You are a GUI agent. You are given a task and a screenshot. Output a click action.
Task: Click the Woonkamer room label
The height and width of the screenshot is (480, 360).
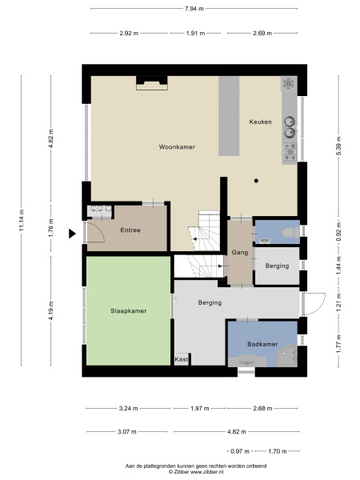[177, 147]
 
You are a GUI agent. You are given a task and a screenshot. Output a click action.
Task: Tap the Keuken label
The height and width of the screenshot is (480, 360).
[260, 122]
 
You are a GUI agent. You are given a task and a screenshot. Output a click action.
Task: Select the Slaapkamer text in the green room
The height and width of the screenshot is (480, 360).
[127, 310]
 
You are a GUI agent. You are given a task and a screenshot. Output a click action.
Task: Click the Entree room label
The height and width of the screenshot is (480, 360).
[130, 230]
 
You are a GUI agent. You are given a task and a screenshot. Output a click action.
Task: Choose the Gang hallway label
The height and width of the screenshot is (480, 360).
[239, 253]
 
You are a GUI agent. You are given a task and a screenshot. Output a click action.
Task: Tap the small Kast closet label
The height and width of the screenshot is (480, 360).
[182, 360]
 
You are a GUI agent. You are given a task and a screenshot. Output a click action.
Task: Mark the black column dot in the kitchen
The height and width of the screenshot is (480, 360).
[256, 181]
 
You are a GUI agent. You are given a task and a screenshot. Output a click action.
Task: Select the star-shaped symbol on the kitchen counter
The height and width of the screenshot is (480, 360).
[288, 83]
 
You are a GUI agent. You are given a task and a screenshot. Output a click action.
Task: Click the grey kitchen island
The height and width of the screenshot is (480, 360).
[230, 116]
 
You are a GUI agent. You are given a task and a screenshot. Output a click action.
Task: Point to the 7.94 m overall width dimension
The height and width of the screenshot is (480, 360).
[193, 9]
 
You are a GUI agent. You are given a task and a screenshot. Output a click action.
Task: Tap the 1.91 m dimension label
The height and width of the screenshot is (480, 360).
[194, 34]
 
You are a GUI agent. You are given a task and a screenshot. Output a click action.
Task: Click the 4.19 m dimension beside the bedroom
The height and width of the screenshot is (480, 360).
[51, 314]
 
